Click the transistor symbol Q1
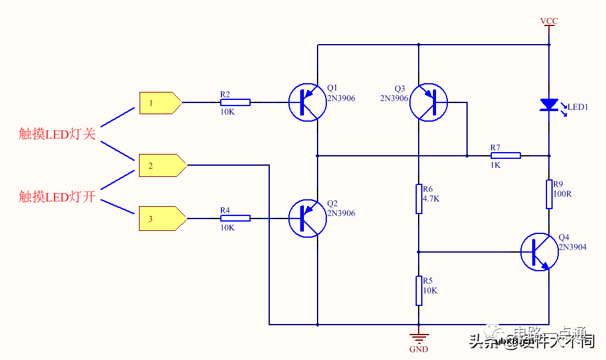tap(307, 102)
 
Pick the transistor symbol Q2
tap(307, 218)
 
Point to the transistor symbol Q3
tap(428, 102)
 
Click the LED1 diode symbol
tap(549, 105)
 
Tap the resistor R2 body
tap(235, 102)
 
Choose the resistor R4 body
tap(235, 218)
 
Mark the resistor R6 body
tap(419, 199)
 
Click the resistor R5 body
tap(419, 290)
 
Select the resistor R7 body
tap(506, 155)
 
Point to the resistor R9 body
tap(549, 194)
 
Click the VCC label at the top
tap(549, 21)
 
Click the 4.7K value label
tap(432, 199)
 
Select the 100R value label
tap(563, 194)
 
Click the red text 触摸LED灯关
tap(57, 133)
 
